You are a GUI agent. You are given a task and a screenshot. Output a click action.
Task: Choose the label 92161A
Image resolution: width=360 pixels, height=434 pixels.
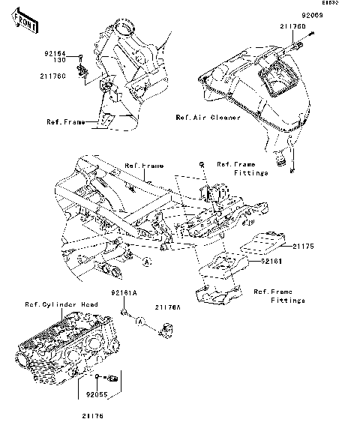coord(124,292)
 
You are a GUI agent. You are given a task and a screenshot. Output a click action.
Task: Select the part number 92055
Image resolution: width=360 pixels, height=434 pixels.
coord(97,391)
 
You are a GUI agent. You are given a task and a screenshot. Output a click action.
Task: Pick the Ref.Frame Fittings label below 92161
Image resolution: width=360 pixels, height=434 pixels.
coord(278,296)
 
